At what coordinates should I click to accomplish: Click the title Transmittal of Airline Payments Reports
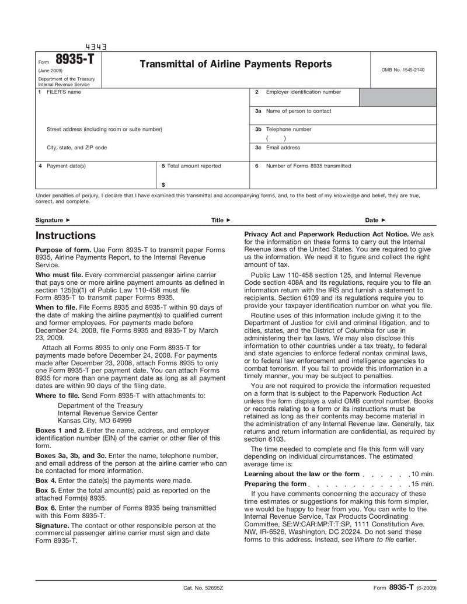(235, 64)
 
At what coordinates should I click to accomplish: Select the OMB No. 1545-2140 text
(403, 70)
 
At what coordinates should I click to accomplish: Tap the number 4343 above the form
(96, 47)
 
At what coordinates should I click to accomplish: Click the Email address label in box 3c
(283, 148)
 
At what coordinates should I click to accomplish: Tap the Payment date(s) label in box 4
(66, 166)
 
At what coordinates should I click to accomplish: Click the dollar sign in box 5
(163, 184)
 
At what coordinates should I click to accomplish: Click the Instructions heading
(65, 236)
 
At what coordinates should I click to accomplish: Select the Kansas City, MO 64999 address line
(95, 420)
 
